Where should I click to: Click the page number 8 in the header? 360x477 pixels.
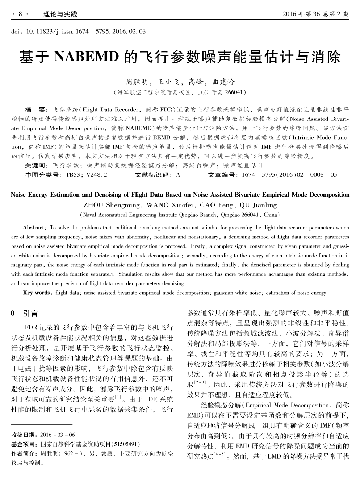20,14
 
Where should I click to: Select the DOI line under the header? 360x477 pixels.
79,32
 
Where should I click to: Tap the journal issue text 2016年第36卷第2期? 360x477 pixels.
315,14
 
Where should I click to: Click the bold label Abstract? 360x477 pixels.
34,228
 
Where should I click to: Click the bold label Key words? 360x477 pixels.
36,293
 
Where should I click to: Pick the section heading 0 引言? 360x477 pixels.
24,313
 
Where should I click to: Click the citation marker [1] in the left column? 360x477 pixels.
118,397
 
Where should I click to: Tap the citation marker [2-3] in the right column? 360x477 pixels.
200,382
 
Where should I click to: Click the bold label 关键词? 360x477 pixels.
36,165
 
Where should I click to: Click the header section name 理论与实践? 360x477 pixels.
60,14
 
